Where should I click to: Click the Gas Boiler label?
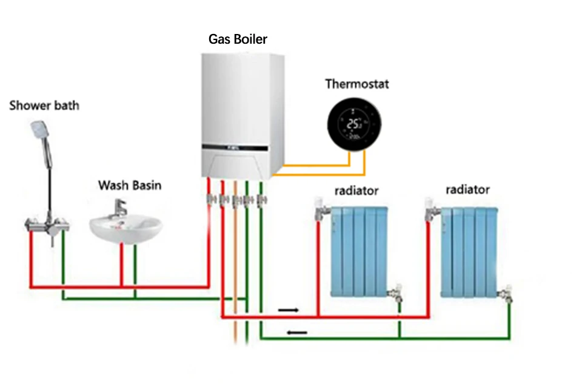(238, 39)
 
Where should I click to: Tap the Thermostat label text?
(356, 84)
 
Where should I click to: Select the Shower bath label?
(44, 106)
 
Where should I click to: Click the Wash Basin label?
(130, 185)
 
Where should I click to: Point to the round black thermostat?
(354, 124)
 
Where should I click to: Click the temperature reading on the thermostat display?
(353, 124)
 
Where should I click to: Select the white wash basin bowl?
(125, 229)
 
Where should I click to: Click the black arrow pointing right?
(289, 310)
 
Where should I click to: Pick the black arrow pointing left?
(297, 332)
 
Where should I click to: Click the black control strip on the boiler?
(235, 147)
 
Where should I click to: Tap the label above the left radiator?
(356, 191)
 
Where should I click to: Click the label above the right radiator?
(467, 190)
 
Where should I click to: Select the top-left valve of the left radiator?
(321, 209)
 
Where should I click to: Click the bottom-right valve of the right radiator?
(506, 294)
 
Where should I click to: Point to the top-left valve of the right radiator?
(432, 209)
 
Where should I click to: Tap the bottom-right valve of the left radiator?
(396, 294)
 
